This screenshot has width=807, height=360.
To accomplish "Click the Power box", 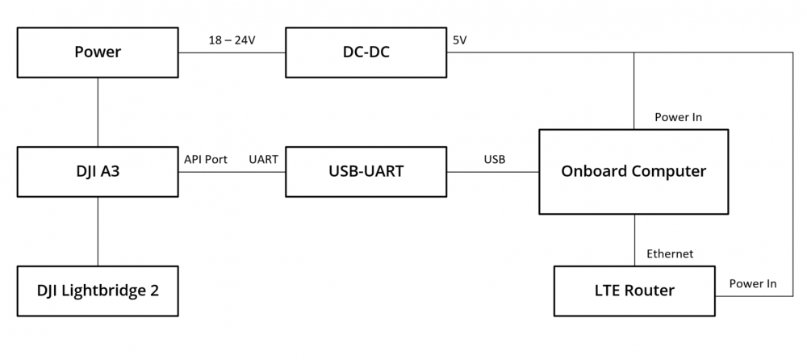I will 98,52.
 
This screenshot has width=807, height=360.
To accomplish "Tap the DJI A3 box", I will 98,171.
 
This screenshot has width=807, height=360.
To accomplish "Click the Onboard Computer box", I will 633,171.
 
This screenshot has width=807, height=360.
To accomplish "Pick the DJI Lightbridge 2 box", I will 98,290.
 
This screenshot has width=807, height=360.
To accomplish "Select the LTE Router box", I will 633,291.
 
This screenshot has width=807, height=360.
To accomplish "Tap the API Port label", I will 206,159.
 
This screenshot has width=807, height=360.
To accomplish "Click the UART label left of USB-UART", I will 263,159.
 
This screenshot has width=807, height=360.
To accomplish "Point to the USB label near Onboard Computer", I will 495,159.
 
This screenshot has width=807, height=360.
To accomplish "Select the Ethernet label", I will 670,254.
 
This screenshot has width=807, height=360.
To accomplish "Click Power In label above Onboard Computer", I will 678,117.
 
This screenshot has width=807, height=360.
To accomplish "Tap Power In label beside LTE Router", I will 753,283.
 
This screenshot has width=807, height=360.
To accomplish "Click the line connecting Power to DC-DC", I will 232,53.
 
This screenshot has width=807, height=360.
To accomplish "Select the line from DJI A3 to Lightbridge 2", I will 98,231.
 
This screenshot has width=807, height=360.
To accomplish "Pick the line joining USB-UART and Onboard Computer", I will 493,172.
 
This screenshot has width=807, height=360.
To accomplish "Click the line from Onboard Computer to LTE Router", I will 634,241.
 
